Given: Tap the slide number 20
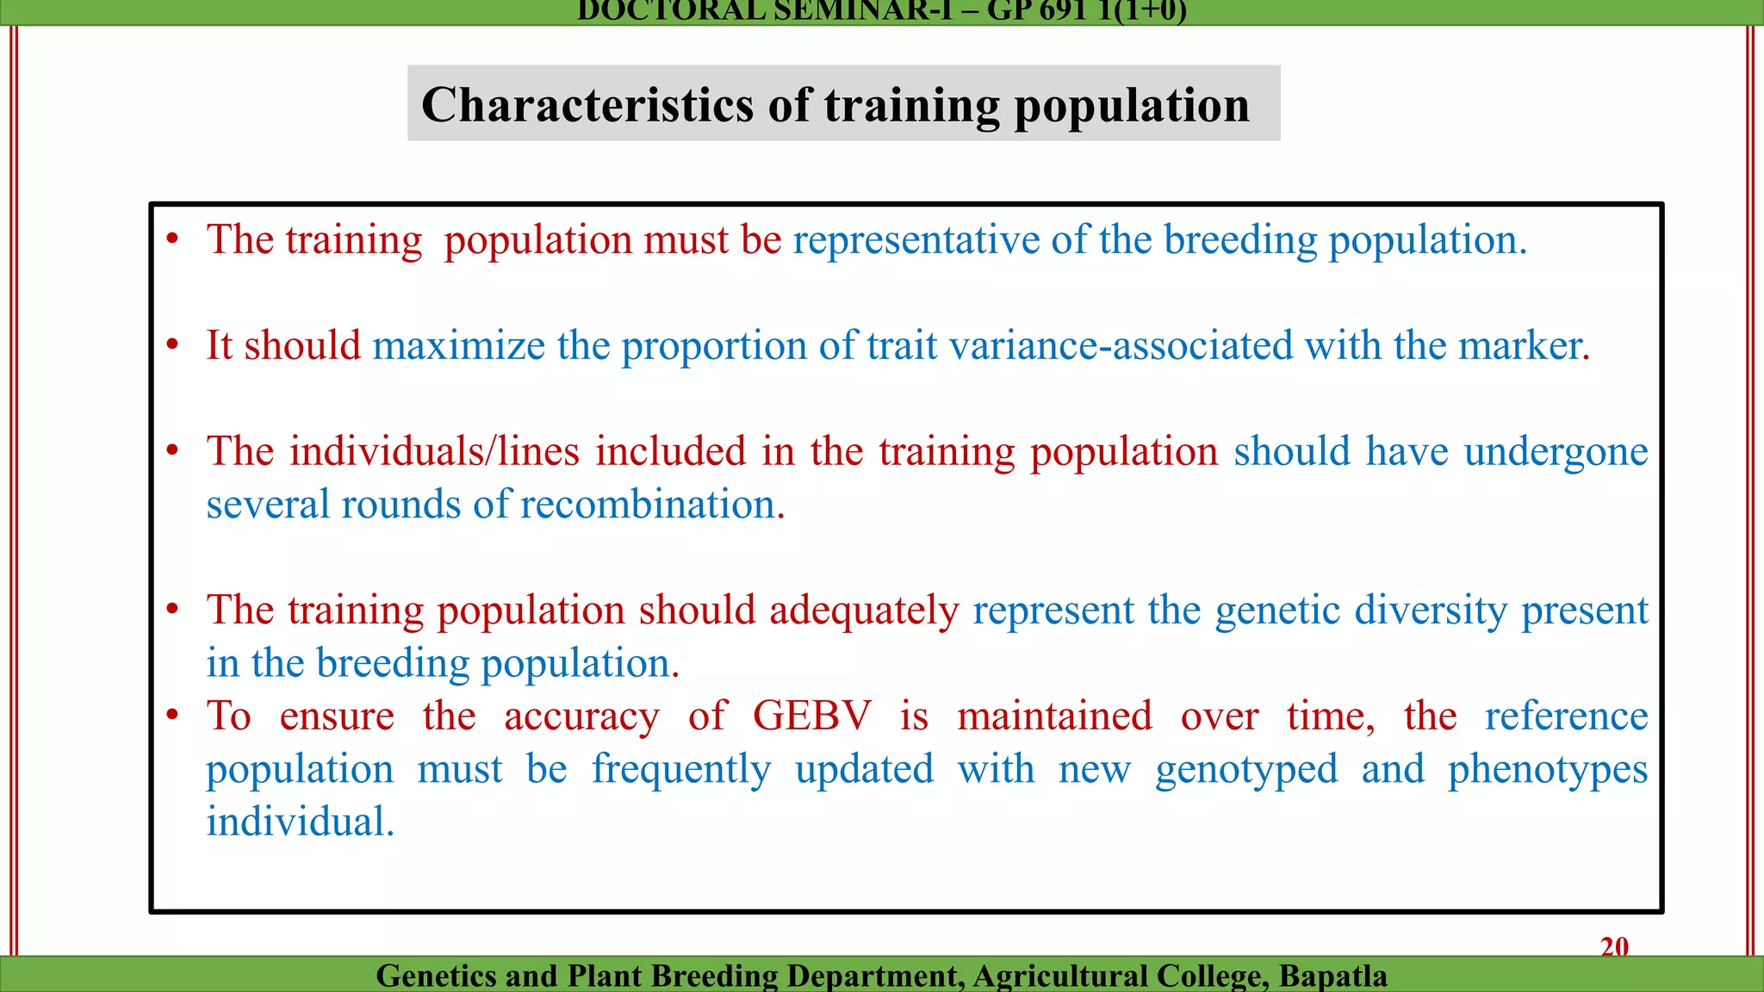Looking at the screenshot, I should tap(1614, 946).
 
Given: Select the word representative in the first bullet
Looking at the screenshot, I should tap(916, 240).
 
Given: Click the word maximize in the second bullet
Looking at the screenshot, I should tap(458, 346).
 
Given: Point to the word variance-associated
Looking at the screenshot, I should tap(1121, 346).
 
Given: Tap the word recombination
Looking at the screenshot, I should tap(647, 505).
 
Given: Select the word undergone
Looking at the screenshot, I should tap(1556, 452).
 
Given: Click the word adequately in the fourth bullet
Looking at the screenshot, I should tap(863, 611).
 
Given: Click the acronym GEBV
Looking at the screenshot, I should tap(812, 716).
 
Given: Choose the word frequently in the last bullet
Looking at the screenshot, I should tap(680, 770).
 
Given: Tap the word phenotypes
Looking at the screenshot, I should tap(1547, 770).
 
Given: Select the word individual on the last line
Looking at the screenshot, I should tap(299, 822).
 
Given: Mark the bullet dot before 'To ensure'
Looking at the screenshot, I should tap(172, 715).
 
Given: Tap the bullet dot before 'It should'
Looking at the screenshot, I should tap(172, 345).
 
